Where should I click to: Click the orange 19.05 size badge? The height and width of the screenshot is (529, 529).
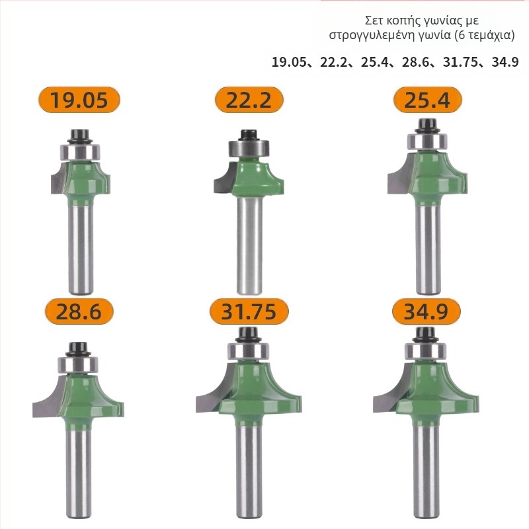79,100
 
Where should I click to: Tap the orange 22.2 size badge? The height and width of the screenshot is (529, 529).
249,100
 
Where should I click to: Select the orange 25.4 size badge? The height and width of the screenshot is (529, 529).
427,100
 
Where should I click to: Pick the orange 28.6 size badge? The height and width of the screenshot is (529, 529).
79,311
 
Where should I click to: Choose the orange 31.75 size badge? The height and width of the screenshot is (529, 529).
249,311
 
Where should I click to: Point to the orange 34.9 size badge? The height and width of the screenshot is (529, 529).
426,311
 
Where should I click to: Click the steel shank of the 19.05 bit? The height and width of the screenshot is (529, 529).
81,250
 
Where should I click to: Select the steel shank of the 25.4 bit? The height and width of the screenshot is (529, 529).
428,250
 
